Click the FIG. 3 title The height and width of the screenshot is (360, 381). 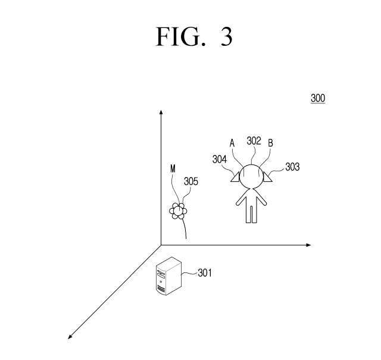pos(194,36)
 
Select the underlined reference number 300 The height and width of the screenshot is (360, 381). pos(318,98)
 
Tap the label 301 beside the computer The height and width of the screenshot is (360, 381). pos(205,273)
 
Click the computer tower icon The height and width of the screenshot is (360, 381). pos(168,276)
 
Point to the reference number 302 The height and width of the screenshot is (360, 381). pos(254,141)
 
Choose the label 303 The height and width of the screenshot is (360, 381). pos(292,167)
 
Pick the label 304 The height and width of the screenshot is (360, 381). pos(220,159)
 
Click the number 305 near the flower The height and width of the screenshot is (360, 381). pos(191,181)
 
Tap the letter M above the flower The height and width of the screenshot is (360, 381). pos(173,169)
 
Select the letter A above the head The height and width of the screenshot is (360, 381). pos(232,143)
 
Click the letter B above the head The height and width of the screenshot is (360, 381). pos(270,143)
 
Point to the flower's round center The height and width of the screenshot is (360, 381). pos(179,210)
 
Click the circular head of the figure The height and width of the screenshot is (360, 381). pos(251,176)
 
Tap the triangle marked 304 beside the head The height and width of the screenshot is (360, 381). pos(236,177)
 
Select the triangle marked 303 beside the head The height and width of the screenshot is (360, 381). pos(267,177)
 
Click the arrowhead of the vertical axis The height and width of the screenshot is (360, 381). pos(161,111)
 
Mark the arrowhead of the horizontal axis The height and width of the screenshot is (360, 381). pos(309,245)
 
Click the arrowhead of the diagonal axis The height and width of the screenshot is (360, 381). pos(70,337)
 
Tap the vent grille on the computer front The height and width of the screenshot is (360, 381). pos(161,288)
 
